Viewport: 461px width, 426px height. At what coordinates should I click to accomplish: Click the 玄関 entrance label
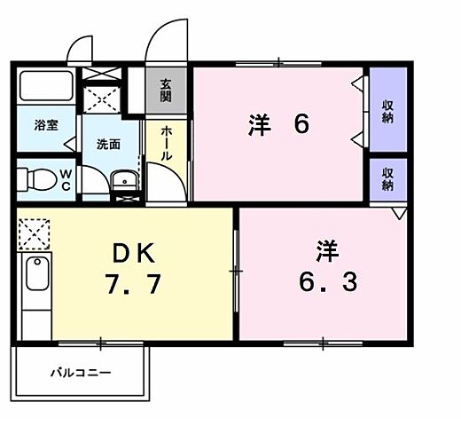pos(166,91)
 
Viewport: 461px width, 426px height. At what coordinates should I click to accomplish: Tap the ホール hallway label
pos(167,143)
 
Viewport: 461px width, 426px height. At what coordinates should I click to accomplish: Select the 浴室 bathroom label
pos(47,125)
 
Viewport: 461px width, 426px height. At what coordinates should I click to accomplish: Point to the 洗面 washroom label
pos(108,144)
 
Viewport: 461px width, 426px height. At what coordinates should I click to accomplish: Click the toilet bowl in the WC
pos(36,180)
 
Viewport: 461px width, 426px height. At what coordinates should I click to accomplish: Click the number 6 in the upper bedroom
pos(301,125)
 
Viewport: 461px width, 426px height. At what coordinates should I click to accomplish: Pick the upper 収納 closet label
pos(388,112)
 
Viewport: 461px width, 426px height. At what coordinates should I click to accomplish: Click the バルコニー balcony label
pos(80,373)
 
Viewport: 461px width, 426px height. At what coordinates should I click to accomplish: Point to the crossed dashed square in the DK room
pos(34,233)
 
